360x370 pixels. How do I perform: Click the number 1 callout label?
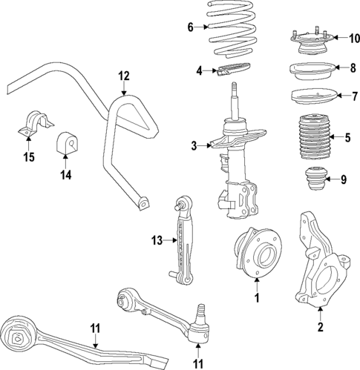(257, 299)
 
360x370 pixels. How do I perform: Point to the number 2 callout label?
(320, 327)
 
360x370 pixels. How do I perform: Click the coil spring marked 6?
(230, 33)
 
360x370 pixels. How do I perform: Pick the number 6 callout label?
(189, 27)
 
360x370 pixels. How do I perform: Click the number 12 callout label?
(123, 75)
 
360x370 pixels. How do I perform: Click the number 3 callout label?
(193, 145)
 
